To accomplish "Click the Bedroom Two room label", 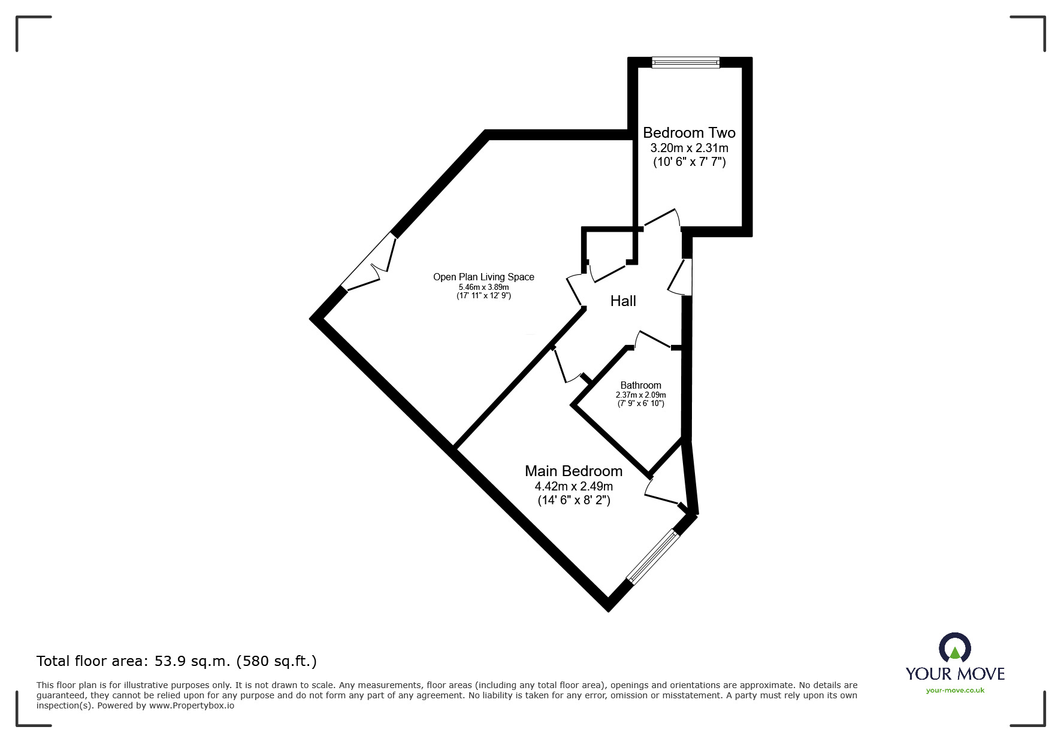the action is [689, 133].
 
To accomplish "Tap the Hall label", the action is [623, 301].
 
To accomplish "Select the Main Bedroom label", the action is [573, 471].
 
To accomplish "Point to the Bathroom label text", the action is [640, 385].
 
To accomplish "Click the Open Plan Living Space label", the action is [483, 277].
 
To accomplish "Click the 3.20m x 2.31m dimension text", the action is [689, 148].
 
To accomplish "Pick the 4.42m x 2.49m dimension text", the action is [573, 486].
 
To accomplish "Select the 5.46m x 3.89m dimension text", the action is [483, 287].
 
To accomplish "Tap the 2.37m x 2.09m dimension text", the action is [640, 395].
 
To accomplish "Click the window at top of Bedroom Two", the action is [686, 62].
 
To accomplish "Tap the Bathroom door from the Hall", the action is [653, 339].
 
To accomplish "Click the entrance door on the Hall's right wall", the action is [680, 277].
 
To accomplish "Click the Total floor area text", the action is [177, 661].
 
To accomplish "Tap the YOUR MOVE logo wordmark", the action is [955, 674].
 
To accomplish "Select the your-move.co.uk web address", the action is [955, 690].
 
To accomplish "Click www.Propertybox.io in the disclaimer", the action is [192, 705].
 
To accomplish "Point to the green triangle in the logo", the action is [955, 652].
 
